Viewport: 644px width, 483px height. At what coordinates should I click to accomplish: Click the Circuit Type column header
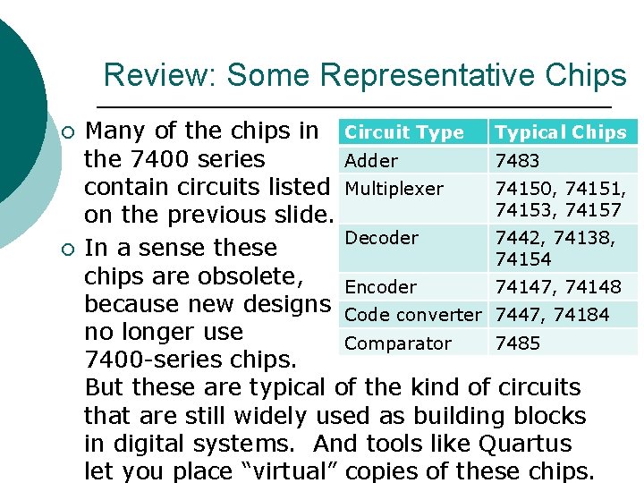tap(404, 132)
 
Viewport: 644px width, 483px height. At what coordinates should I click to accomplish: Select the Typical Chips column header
tap(561, 132)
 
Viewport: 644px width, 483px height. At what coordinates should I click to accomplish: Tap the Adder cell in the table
tap(371, 161)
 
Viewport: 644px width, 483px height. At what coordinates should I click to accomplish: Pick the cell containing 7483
tap(518, 161)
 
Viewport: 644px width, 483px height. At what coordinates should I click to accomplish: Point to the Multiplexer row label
tap(394, 189)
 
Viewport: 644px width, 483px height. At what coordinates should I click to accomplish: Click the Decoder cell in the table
tap(381, 238)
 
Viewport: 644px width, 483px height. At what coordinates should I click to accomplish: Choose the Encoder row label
tap(380, 287)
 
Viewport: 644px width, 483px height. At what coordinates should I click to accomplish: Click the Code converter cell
tap(412, 315)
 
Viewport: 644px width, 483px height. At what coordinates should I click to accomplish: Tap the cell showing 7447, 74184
tap(552, 315)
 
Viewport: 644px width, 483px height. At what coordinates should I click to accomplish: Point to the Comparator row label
tap(398, 343)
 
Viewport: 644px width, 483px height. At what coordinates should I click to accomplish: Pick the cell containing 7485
tap(518, 343)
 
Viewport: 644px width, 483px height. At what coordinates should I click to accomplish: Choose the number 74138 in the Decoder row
tap(582, 238)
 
